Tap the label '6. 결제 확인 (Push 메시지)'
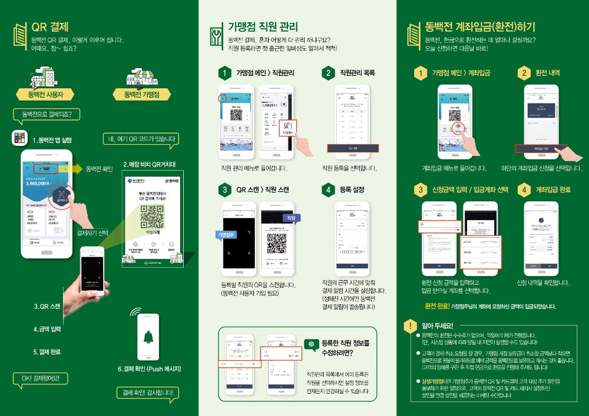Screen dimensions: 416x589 [x=149, y=369]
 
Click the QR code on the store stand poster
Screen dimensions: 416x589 [x=152, y=218]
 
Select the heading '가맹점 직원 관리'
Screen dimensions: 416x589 [x=263, y=27]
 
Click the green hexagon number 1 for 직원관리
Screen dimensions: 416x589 [x=224, y=73]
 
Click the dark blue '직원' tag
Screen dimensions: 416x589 [x=291, y=218]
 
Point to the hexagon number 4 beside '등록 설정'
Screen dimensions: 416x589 [x=328, y=189]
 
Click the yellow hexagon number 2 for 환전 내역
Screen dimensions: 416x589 [x=524, y=73]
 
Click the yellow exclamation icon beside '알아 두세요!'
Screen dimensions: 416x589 [x=409, y=325]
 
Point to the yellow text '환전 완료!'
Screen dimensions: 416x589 [x=437, y=306]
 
